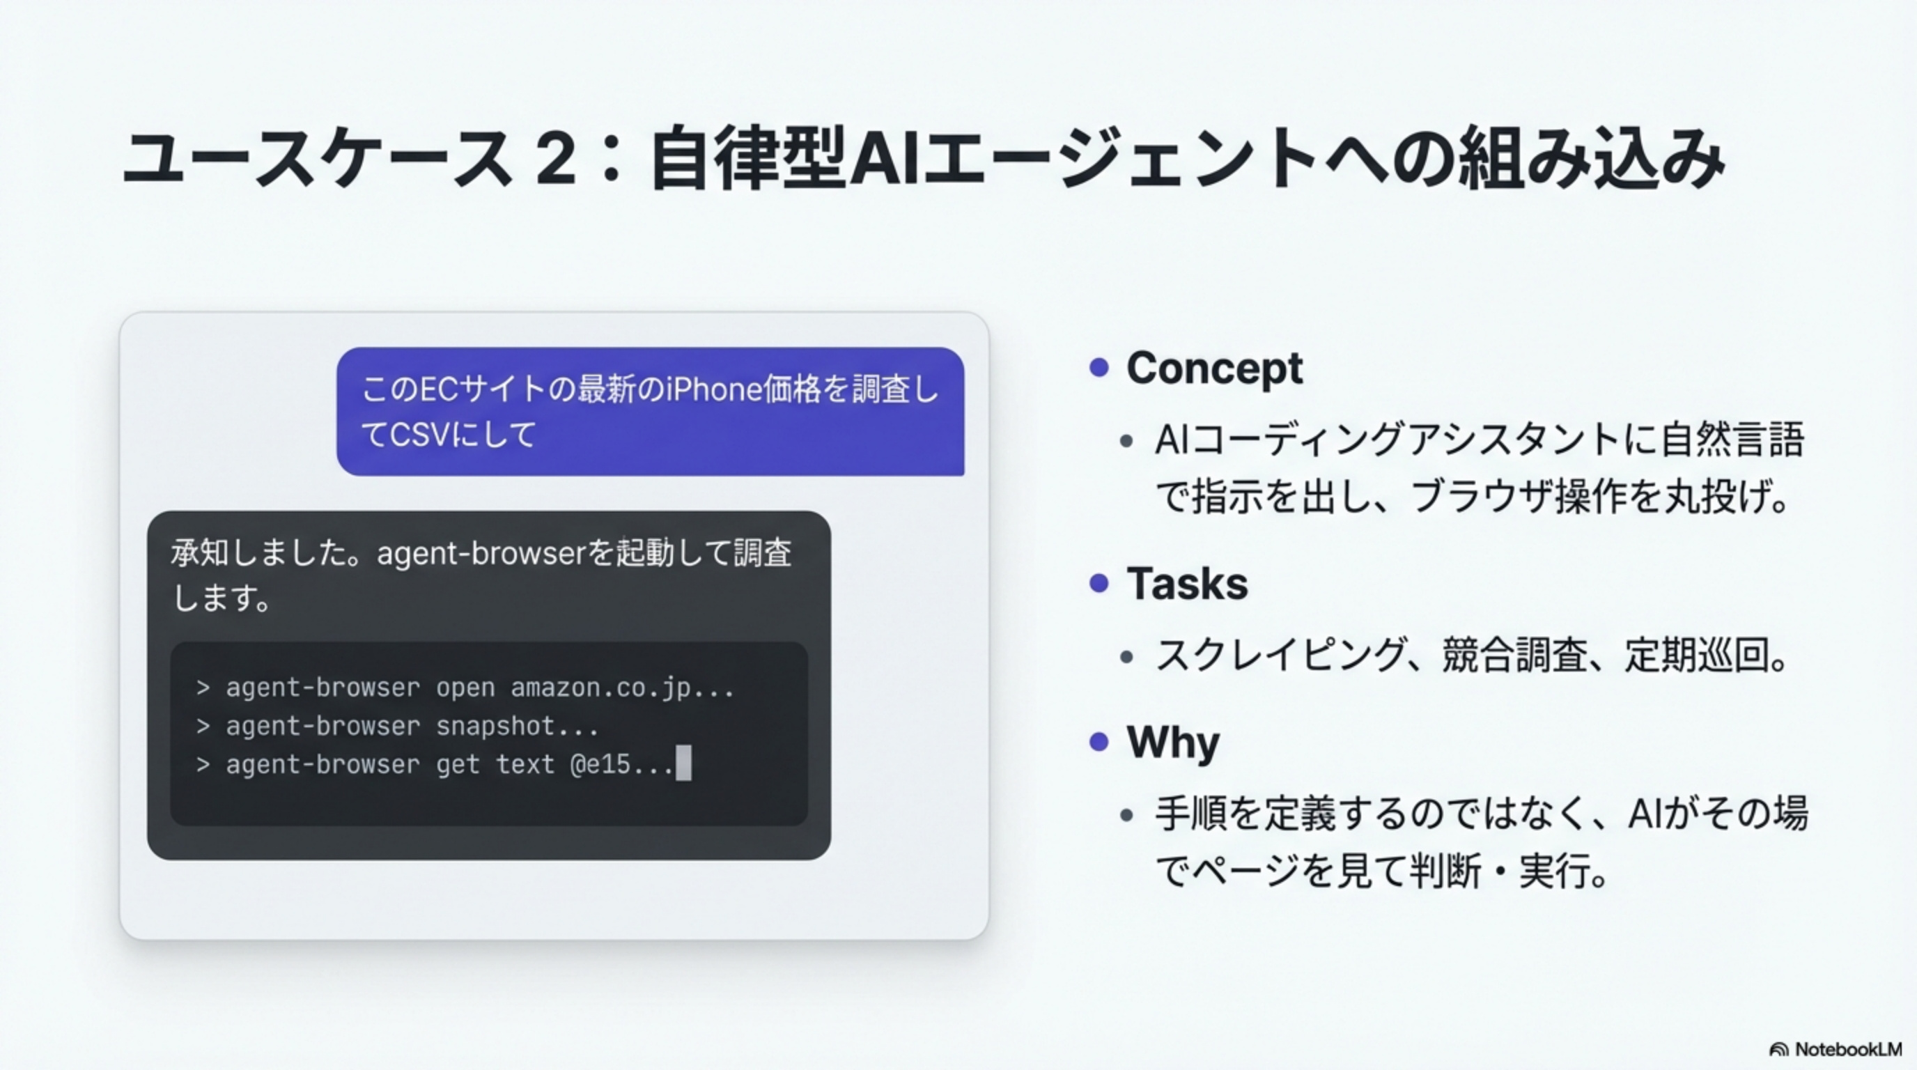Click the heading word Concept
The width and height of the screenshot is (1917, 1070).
(1215, 369)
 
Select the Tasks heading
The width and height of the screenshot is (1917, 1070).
(1188, 583)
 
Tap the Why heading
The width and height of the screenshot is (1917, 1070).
(1174, 742)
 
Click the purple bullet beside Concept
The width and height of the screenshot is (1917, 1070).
(1099, 367)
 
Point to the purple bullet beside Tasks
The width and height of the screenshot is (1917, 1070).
(1099, 582)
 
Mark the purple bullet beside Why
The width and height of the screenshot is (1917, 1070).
(1099, 742)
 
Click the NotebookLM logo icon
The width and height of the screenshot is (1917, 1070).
(1778, 1050)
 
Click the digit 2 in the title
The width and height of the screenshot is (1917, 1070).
(555, 159)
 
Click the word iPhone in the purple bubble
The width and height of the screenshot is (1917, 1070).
(714, 389)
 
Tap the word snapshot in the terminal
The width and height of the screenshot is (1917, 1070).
(495, 727)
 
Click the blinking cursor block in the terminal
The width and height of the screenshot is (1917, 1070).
(683, 763)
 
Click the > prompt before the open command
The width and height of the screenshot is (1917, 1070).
(203, 688)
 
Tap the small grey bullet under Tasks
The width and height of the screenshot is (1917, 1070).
(1126, 657)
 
